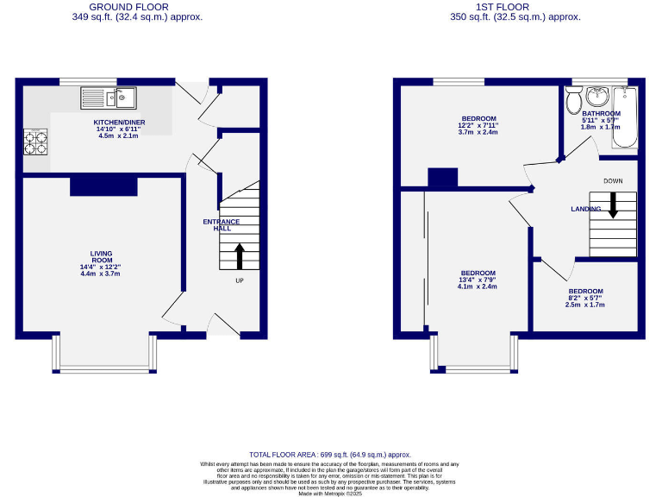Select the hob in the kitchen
click(x=36, y=142)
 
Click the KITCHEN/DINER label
click(x=119, y=123)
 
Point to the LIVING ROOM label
click(x=101, y=257)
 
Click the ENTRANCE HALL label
click(x=222, y=225)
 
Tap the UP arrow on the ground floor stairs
click(x=240, y=256)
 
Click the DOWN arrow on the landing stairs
click(x=613, y=204)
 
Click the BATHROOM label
click(x=601, y=113)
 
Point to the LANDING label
click(x=586, y=210)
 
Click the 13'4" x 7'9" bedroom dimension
click(x=478, y=280)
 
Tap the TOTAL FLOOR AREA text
click(x=330, y=454)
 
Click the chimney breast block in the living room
click(x=103, y=185)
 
